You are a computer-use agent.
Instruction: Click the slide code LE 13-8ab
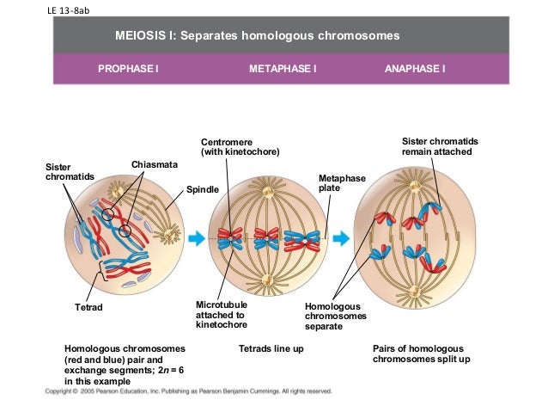pyautogui.click(x=64, y=10)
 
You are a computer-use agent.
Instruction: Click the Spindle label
pyautogui.click(x=203, y=188)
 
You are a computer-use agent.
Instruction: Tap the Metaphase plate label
pyautogui.click(x=342, y=182)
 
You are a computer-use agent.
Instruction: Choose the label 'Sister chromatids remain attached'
pyautogui.click(x=441, y=146)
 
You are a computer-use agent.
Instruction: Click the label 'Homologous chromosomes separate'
pyautogui.click(x=335, y=316)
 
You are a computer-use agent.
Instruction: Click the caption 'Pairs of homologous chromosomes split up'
pyautogui.click(x=422, y=354)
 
